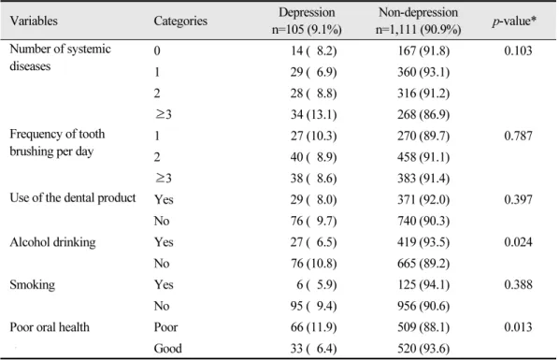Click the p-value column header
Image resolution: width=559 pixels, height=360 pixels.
(x=514, y=22)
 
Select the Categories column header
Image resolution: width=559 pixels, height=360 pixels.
(x=180, y=22)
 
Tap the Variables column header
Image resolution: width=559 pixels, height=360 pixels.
(x=34, y=21)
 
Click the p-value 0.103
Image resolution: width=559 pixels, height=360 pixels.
(x=518, y=50)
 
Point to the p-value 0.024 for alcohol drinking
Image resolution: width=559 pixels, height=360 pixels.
(x=518, y=242)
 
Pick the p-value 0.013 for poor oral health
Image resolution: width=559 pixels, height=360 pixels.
(x=518, y=327)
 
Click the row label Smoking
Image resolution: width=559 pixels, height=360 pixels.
(x=33, y=284)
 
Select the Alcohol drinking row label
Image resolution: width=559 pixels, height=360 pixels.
(x=52, y=242)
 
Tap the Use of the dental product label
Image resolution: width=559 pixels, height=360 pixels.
(x=73, y=198)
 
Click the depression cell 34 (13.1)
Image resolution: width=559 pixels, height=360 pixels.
(x=313, y=114)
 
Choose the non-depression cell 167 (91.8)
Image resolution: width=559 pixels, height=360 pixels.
(x=423, y=50)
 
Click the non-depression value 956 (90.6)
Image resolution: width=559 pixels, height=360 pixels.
(x=423, y=306)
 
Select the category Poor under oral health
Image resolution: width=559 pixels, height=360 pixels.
(x=165, y=327)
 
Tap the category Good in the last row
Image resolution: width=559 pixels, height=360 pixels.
(x=168, y=348)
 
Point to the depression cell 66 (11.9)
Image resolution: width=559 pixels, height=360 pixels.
(x=313, y=327)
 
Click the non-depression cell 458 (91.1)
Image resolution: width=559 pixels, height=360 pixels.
(x=423, y=157)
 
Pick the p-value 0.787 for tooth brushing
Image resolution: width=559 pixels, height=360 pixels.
(x=518, y=136)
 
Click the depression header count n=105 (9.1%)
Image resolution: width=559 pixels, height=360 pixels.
(x=307, y=29)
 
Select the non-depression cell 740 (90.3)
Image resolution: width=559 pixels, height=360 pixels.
(x=423, y=221)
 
